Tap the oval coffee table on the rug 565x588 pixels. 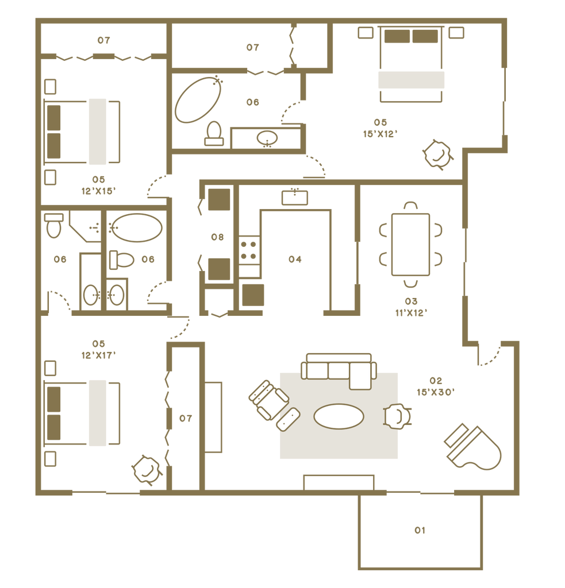339,416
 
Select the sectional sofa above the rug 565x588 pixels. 338,369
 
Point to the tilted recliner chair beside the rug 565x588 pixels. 267,399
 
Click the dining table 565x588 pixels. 410,244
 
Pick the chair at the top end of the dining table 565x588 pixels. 410,206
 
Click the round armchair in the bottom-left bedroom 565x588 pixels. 146,470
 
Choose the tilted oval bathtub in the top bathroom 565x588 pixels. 198,99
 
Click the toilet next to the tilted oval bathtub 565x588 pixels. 214,132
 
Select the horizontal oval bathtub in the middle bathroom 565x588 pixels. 137,228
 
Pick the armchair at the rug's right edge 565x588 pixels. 398,416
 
